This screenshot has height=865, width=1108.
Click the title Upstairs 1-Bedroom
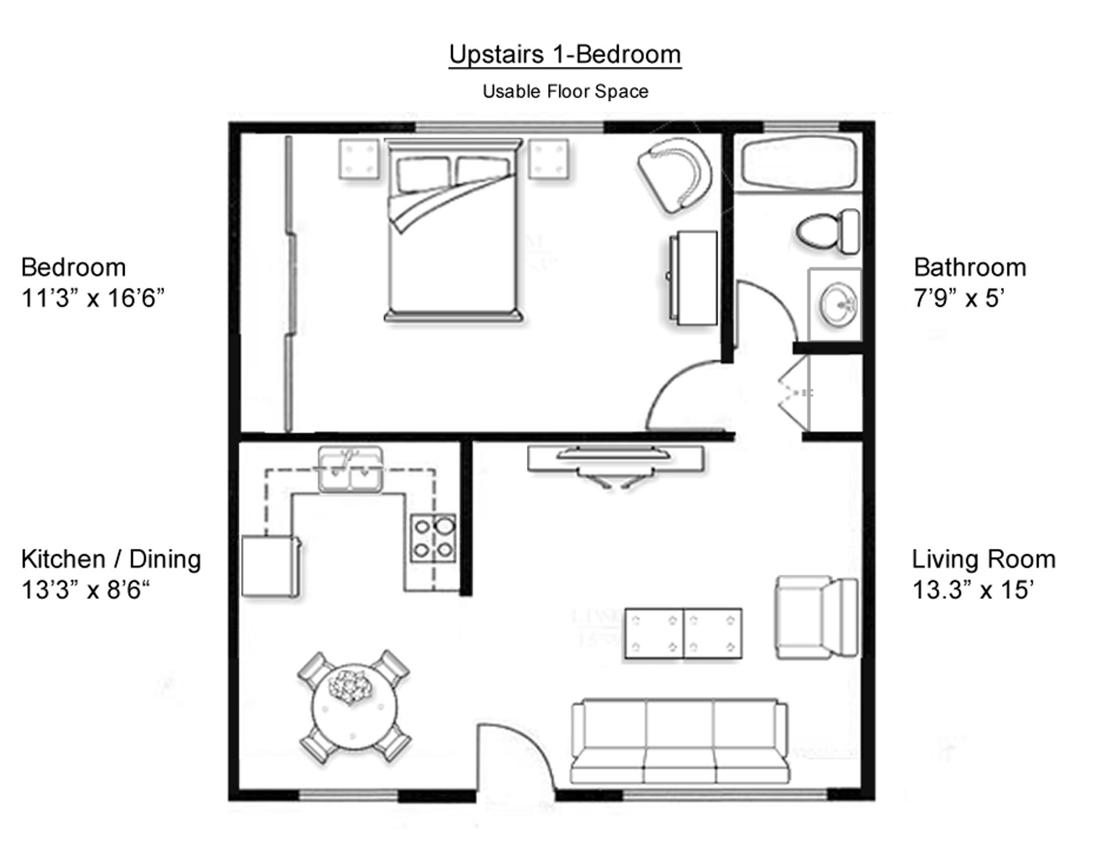click(x=564, y=55)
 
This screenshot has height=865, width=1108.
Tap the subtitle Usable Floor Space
click(x=565, y=92)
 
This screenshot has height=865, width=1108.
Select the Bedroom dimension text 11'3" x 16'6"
click(x=93, y=299)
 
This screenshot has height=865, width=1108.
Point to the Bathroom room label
click(x=969, y=268)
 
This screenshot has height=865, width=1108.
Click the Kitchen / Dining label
click(x=111, y=559)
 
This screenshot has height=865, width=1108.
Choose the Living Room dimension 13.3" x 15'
click(x=972, y=590)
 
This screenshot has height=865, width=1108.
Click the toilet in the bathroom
click(x=827, y=232)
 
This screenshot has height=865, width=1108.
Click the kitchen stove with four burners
click(x=433, y=538)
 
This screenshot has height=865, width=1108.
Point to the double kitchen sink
click(x=350, y=470)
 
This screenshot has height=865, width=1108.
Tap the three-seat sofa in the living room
click(x=679, y=742)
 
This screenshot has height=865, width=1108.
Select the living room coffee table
click(x=683, y=633)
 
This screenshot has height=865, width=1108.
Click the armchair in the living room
click(x=815, y=616)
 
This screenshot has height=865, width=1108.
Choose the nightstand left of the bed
click(x=359, y=159)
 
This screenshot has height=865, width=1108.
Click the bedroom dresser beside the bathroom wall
click(x=692, y=278)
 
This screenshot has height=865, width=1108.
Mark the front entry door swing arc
click(x=519, y=750)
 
